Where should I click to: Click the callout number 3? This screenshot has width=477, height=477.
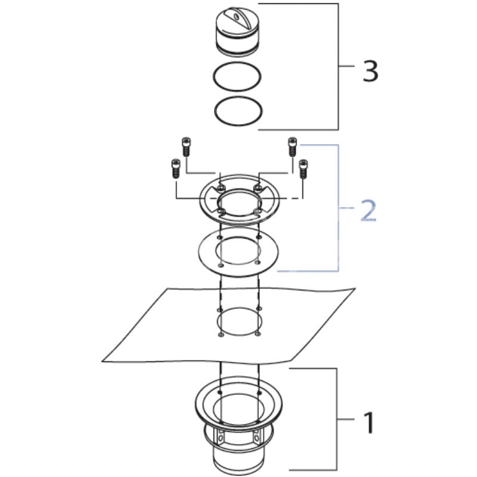(x=370, y=71)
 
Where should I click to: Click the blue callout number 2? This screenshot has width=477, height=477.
(x=368, y=210)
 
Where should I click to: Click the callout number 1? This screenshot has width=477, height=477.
(x=369, y=423)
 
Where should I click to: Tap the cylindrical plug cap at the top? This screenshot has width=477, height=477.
(x=237, y=32)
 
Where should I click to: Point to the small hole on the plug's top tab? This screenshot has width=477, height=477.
(x=236, y=16)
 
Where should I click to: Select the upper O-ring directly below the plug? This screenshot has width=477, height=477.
(x=237, y=76)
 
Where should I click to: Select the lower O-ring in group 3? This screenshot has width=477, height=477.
(x=238, y=111)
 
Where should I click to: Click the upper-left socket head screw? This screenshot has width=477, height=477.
(x=187, y=147)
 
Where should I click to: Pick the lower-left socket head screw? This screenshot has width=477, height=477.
(x=176, y=169)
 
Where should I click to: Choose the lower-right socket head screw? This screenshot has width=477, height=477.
(x=303, y=169)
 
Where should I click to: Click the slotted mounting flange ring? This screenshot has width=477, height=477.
(x=239, y=200)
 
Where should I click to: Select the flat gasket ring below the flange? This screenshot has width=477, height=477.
(x=238, y=250)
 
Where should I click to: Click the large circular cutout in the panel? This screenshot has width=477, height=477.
(x=239, y=321)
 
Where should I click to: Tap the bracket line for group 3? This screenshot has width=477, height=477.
(x=337, y=66)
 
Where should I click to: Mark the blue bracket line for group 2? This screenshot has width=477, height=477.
(x=338, y=207)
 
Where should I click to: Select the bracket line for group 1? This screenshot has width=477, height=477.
(x=337, y=420)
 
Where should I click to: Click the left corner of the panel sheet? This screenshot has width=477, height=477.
(x=102, y=361)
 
